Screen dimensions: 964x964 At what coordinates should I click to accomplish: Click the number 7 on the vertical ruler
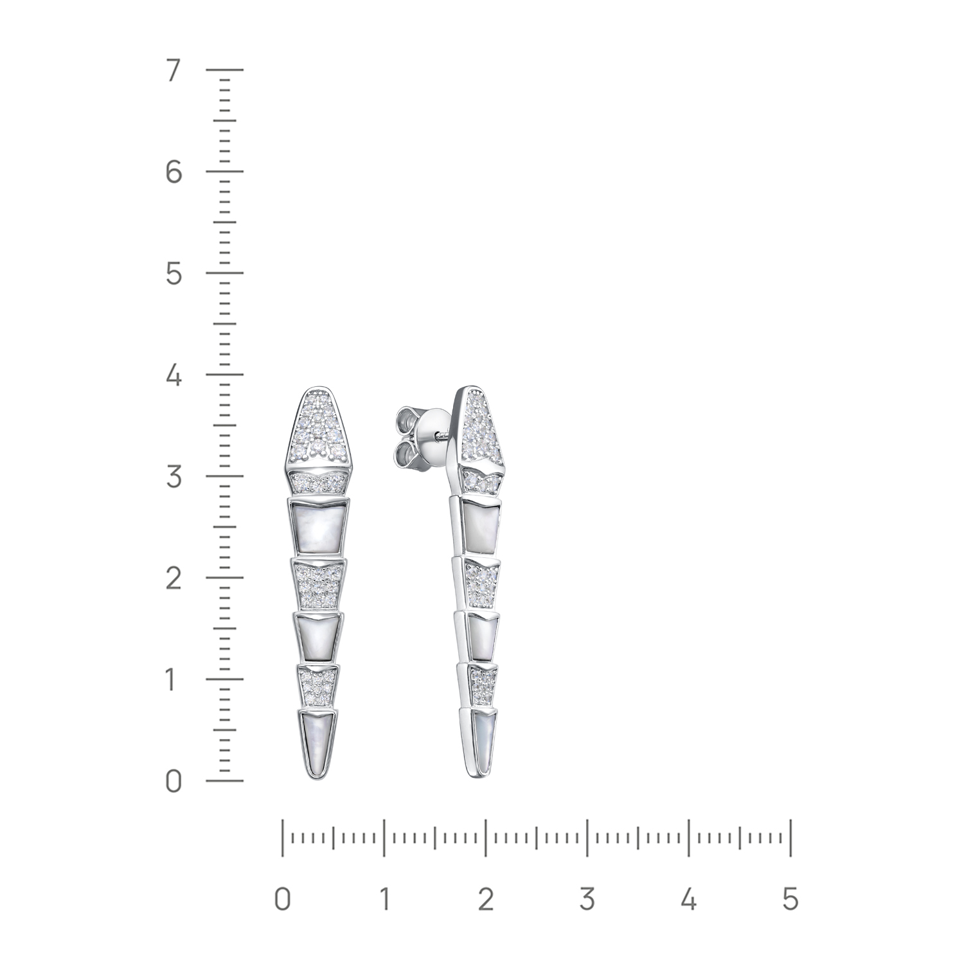(x=173, y=71)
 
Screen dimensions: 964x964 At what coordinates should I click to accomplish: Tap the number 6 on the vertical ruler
(x=174, y=172)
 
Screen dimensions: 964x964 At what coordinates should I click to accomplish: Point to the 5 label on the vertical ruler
(x=174, y=274)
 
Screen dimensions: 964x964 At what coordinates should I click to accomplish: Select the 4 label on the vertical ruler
(x=174, y=375)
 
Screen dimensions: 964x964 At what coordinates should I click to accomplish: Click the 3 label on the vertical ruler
(x=174, y=477)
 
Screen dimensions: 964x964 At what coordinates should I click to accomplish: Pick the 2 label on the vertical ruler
(x=174, y=578)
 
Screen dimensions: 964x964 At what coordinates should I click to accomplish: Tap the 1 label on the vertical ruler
(x=171, y=680)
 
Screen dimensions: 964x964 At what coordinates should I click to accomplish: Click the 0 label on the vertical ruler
(x=174, y=781)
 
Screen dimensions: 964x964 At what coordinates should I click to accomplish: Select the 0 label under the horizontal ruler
(x=282, y=898)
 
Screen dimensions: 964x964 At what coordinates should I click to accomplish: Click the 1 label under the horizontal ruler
(x=384, y=898)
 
